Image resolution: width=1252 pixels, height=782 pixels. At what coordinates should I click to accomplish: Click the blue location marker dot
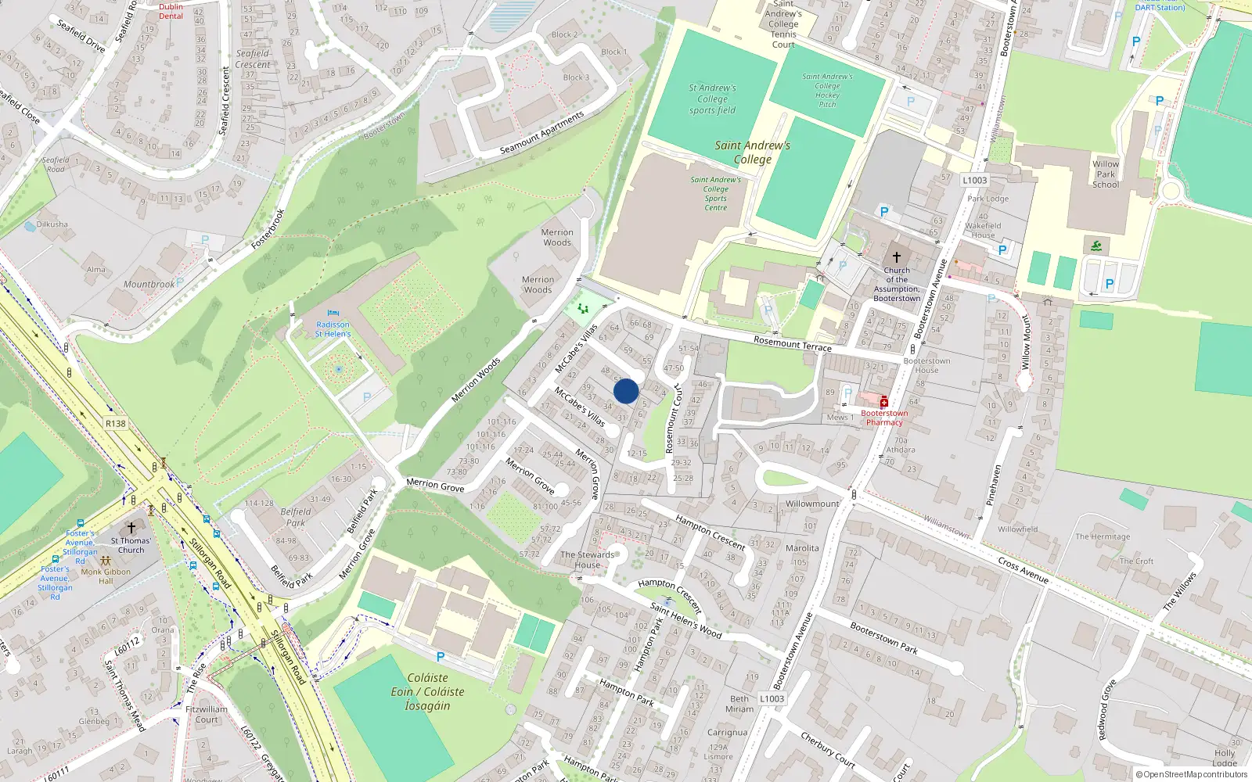click(x=626, y=391)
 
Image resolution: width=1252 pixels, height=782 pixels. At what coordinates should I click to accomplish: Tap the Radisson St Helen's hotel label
click(x=333, y=329)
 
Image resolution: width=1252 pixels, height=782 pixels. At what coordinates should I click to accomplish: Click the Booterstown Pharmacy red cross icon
click(x=884, y=402)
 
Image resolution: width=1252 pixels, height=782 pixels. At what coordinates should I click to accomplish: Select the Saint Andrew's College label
click(x=752, y=152)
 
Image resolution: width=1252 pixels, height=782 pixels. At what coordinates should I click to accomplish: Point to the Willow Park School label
click(x=1106, y=174)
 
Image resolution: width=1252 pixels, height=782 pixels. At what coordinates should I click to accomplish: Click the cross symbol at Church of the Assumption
click(x=897, y=256)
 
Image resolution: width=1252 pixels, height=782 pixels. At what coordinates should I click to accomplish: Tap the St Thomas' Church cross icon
click(x=131, y=529)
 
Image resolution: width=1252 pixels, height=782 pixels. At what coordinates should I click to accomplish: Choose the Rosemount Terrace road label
click(x=792, y=343)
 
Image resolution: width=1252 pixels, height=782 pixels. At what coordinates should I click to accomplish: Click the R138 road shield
click(x=115, y=424)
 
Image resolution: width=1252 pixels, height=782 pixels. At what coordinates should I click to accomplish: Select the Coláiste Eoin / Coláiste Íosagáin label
click(x=427, y=692)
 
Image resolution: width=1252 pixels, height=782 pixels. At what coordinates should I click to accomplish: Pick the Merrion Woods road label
click(x=476, y=380)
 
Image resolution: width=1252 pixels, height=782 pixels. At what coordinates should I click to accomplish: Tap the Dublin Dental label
click(x=171, y=11)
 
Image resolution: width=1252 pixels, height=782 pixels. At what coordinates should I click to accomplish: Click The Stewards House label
click(x=588, y=560)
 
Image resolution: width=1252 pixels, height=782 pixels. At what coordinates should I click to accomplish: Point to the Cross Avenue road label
click(x=1023, y=570)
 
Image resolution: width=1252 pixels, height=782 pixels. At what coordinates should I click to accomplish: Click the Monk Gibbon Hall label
click(x=106, y=576)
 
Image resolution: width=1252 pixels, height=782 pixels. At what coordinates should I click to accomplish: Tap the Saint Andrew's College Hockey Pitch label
click(x=827, y=90)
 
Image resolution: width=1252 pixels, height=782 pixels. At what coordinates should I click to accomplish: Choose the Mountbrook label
click(x=149, y=285)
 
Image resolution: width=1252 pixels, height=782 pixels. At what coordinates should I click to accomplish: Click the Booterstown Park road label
click(x=883, y=638)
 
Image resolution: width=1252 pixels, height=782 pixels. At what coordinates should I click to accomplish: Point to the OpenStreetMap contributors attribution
click(x=1192, y=775)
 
